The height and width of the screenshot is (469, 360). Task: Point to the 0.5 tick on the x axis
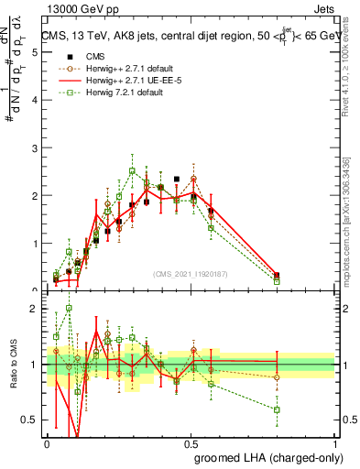click(191, 442)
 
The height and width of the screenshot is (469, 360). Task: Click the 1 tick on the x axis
click(335, 442)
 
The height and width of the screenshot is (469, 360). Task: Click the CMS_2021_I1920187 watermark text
click(191, 273)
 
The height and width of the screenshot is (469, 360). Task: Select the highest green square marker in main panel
click(132, 170)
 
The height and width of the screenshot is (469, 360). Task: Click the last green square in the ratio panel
click(277, 409)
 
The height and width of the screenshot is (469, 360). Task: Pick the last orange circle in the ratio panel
click(277, 376)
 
